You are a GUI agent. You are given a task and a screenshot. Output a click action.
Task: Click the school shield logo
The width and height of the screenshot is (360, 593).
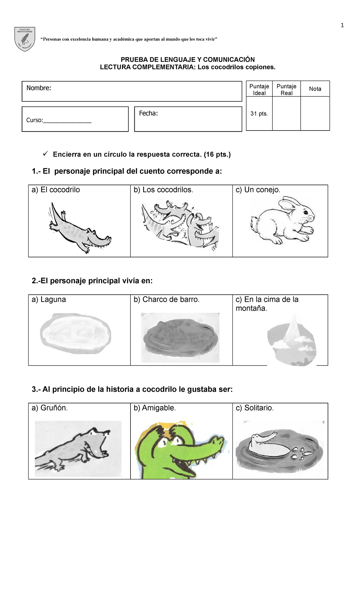(x=25, y=39)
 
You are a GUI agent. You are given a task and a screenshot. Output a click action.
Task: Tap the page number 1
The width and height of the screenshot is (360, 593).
(x=342, y=26)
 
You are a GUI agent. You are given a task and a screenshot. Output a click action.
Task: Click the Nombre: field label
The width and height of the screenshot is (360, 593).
(x=39, y=88)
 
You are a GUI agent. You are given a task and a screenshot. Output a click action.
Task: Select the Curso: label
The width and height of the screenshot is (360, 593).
(x=34, y=120)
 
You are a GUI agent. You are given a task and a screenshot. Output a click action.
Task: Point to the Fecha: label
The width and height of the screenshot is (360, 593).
(x=148, y=113)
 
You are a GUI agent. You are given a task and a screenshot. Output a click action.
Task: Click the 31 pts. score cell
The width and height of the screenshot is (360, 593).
(x=259, y=114)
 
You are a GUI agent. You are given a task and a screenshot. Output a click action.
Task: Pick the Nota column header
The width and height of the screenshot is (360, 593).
(x=315, y=89)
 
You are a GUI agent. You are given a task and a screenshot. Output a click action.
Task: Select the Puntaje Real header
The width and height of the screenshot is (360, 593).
(x=286, y=89)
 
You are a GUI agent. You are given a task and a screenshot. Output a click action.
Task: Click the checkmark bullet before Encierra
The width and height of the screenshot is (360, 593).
(x=46, y=154)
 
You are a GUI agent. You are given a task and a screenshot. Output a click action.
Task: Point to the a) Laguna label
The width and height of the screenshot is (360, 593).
(x=49, y=300)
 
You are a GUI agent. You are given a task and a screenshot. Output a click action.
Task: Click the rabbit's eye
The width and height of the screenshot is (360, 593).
(x=306, y=212)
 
